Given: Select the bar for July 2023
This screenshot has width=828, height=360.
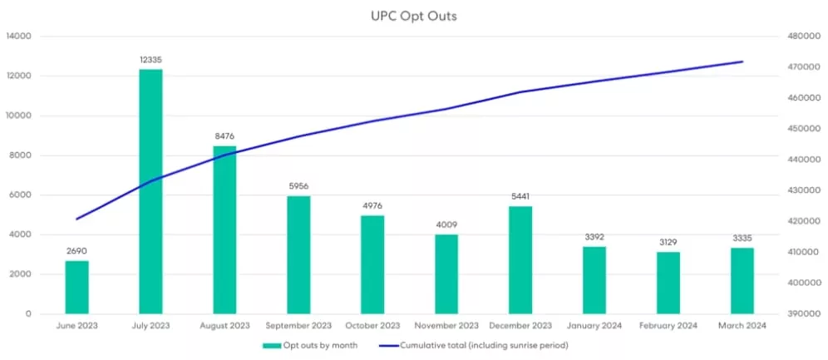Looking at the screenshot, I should click(150, 191).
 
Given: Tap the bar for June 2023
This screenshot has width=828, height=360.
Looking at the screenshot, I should click(76, 287).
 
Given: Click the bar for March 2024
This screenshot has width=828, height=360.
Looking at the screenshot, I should click(742, 280).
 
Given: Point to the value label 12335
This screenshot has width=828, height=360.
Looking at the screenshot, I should click(150, 60).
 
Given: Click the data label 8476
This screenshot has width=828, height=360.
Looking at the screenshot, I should click(224, 136).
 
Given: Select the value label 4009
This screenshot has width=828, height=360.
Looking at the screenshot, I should click(446, 224).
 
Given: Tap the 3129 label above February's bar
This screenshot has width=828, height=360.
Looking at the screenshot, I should click(668, 242).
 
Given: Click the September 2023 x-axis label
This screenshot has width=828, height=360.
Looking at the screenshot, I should click(298, 325).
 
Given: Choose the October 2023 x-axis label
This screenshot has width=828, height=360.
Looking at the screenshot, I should click(372, 325).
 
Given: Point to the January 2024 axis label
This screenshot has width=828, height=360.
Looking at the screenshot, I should click(594, 325).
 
